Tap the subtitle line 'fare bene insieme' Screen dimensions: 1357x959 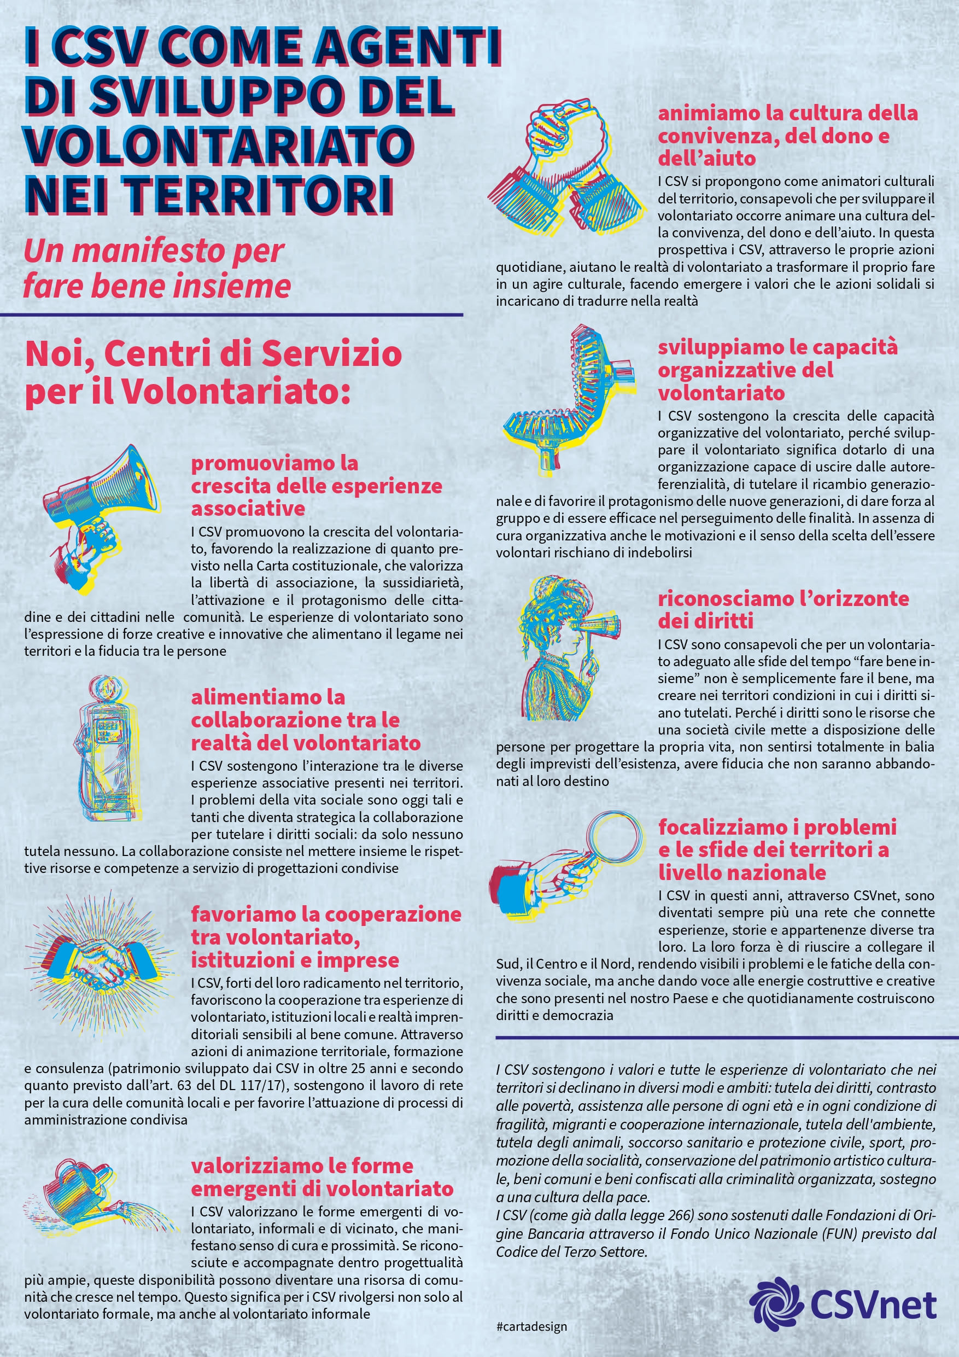(x=157, y=286)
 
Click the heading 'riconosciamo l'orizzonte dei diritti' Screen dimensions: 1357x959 (x=783, y=609)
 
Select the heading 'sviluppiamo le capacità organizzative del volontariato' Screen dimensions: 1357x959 (x=777, y=369)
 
